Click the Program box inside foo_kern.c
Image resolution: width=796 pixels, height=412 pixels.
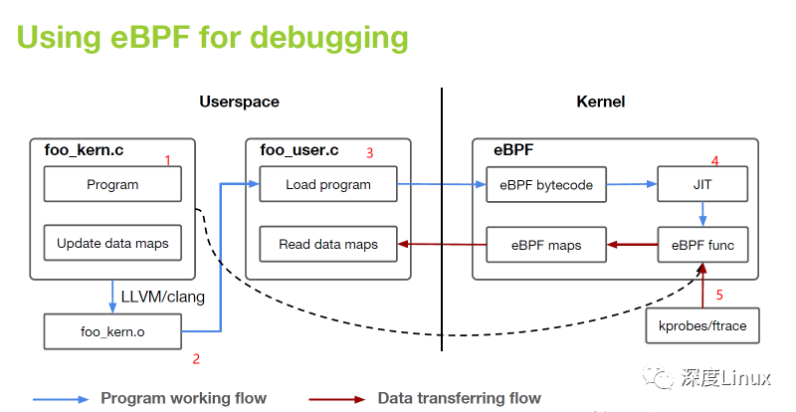[112, 184]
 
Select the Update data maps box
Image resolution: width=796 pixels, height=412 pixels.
[112, 243]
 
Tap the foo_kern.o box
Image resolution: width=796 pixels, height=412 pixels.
[112, 331]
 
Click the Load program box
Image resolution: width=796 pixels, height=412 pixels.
[328, 184]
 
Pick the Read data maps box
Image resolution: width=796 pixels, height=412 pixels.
[328, 245]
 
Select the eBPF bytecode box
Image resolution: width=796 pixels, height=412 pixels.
[546, 184]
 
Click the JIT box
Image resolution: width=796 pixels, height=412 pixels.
[702, 184]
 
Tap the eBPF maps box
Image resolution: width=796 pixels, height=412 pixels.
[546, 245]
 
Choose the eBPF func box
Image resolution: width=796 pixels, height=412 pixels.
[702, 245]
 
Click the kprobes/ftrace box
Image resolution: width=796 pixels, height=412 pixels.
[702, 325]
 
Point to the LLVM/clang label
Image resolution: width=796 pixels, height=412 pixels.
[163, 297]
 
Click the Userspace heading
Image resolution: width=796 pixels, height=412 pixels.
[239, 102]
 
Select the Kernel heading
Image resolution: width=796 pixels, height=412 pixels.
[601, 102]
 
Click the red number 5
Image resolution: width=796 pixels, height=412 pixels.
[719, 295]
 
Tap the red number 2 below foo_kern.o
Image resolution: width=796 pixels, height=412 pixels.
[196, 359]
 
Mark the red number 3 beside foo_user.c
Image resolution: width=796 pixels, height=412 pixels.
[369, 153]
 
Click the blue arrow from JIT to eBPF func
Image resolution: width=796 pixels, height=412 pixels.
[702, 214]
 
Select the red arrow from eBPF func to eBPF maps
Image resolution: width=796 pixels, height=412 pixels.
[632, 245]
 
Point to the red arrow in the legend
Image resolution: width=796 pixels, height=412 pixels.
[337, 399]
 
